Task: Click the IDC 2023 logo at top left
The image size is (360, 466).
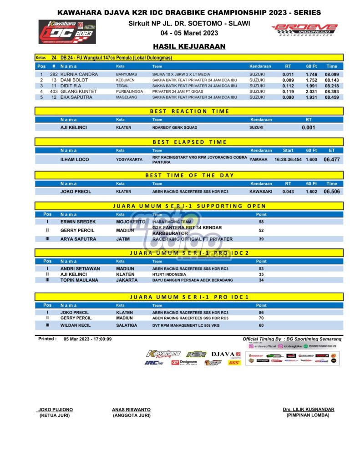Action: click(x=67, y=31)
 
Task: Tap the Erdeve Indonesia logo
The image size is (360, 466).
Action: click(x=304, y=30)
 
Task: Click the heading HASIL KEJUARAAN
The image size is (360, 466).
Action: click(x=189, y=46)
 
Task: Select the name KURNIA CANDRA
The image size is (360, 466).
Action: click(x=76, y=74)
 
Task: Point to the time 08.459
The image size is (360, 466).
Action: click(x=331, y=97)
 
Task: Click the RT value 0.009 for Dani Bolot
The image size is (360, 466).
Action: click(x=288, y=80)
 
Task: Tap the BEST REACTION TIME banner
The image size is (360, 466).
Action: click(x=189, y=111)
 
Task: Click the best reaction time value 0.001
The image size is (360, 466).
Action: click(x=308, y=127)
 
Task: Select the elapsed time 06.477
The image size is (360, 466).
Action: click(x=332, y=159)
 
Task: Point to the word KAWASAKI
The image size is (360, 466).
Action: click(x=260, y=192)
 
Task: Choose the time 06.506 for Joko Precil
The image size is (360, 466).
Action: click(x=332, y=192)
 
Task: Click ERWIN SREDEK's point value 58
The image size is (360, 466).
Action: click(x=261, y=222)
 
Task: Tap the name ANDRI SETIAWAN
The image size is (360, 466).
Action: click(x=80, y=268)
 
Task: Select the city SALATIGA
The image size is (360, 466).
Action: click(x=128, y=325)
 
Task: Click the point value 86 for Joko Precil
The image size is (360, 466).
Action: click(x=261, y=313)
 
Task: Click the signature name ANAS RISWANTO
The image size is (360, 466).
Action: click(x=131, y=410)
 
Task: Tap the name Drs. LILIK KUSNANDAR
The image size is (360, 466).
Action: click(x=308, y=410)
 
